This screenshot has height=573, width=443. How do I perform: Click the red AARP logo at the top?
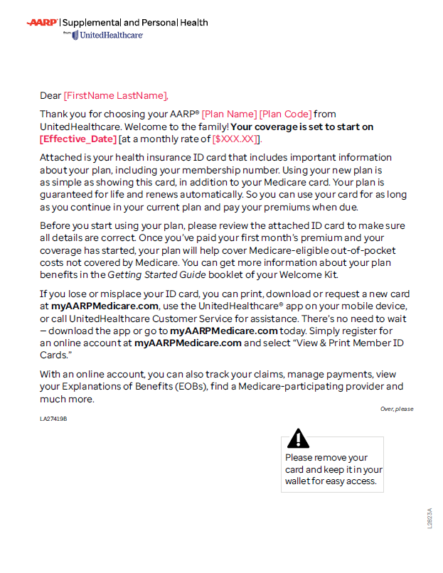point(43,23)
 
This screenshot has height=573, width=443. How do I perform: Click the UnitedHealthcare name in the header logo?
point(112,35)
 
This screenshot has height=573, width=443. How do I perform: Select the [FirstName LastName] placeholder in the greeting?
point(115,96)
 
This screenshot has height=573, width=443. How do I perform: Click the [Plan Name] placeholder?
point(229,114)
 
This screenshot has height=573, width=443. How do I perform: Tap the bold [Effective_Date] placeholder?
point(78,139)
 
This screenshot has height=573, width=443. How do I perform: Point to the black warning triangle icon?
point(298,438)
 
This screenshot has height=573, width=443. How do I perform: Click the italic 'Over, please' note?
point(397,409)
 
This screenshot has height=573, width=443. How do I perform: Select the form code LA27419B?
point(53,419)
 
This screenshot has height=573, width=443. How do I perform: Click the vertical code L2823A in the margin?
point(429,517)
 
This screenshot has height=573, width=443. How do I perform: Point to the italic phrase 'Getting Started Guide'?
point(156,275)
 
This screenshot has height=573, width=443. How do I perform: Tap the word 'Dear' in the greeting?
point(50,96)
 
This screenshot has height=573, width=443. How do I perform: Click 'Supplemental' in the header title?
point(92,23)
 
